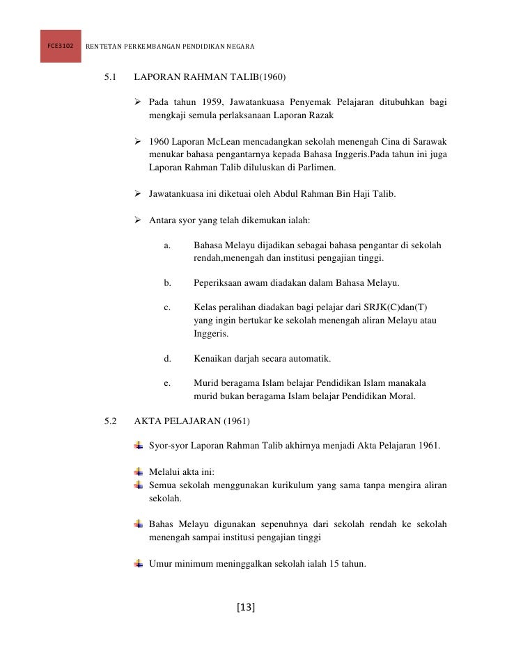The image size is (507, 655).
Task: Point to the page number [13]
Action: (x=246, y=608)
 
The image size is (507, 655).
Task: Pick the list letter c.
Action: (x=166, y=307)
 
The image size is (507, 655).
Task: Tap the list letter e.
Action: (x=166, y=383)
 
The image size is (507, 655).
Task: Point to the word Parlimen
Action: (x=315, y=167)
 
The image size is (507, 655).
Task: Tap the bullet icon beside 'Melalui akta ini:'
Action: (x=139, y=472)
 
